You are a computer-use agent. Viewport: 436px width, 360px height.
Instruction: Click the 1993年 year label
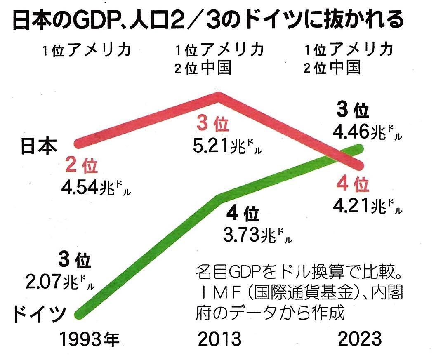[x=89, y=339]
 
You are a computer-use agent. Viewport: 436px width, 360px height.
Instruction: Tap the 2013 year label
[x=219, y=339]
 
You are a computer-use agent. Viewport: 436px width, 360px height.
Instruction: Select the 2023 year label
[x=359, y=339]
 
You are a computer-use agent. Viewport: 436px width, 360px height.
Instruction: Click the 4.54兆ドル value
[x=96, y=188]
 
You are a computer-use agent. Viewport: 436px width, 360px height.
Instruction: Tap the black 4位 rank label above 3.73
[x=243, y=215]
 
